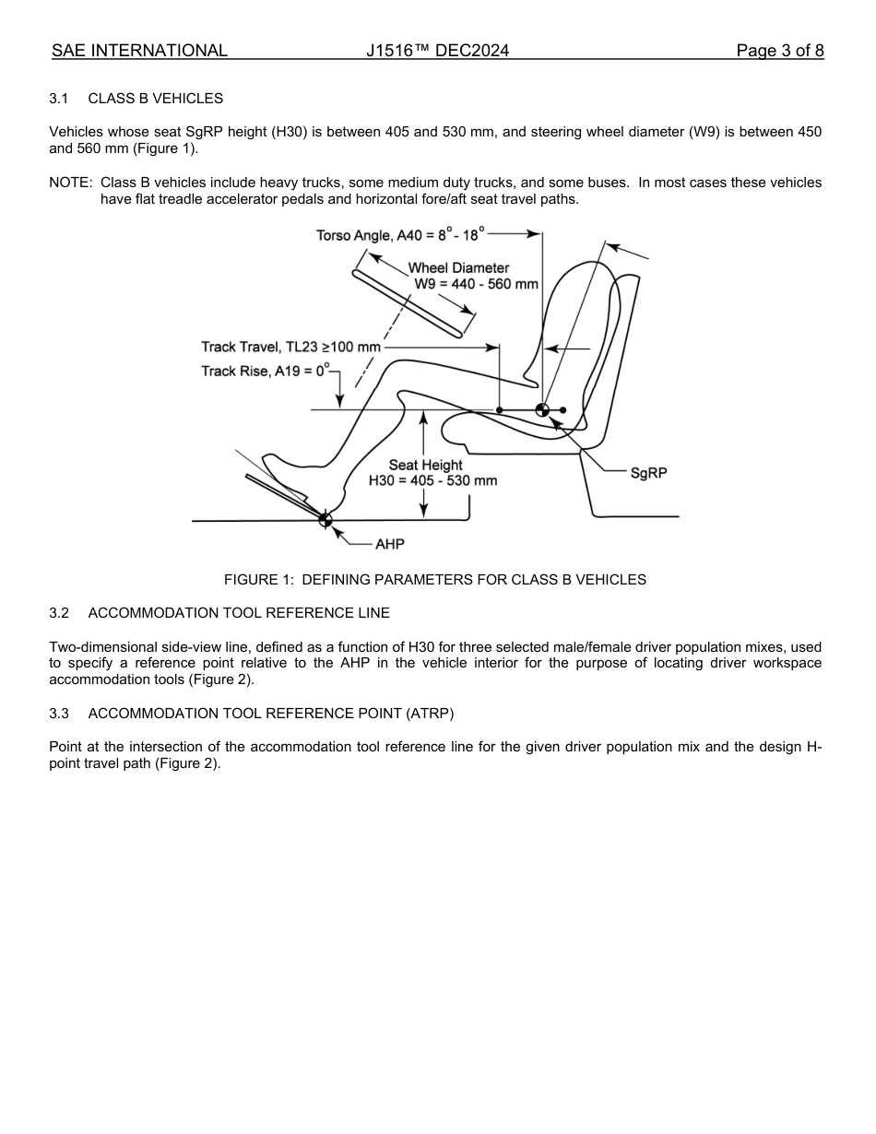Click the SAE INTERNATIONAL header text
139,51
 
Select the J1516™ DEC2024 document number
437,51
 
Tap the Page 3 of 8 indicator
779,51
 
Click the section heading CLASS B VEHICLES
155,99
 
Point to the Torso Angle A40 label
399,235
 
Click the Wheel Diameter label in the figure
458,268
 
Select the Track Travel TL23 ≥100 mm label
290,348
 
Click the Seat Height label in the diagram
425,466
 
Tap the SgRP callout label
648,472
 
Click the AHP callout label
389,544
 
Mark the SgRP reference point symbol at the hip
542,410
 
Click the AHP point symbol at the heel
325,520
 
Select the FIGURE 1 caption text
435,580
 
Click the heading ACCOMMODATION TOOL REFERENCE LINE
239,613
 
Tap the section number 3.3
59,714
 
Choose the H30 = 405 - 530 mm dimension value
432,480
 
